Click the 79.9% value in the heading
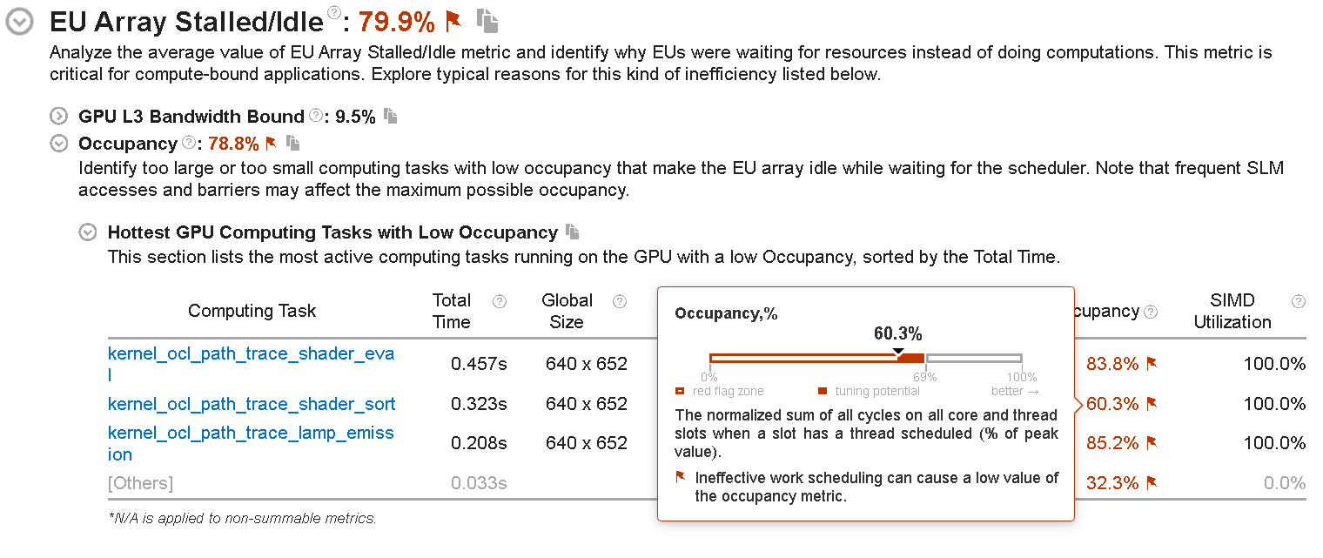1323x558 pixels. pyautogui.click(x=396, y=22)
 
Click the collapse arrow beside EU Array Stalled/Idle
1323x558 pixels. pyautogui.click(x=19, y=23)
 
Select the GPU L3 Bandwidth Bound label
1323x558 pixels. pyautogui.click(x=191, y=117)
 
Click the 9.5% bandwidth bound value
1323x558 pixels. pyautogui.click(x=355, y=117)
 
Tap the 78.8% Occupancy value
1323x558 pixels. pyautogui.click(x=233, y=144)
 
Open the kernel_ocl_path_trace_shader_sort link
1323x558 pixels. pyautogui.click(x=252, y=404)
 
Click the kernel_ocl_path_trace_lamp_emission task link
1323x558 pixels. pyautogui.click(x=251, y=433)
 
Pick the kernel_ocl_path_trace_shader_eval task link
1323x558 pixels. pyautogui.click(x=251, y=353)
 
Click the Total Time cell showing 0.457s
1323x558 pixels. pyautogui.click(x=479, y=364)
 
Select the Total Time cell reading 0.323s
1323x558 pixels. pyautogui.click(x=479, y=404)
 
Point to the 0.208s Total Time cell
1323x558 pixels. pyautogui.click(x=479, y=443)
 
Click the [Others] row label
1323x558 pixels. pyautogui.click(x=140, y=483)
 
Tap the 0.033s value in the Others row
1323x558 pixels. pyautogui.click(x=479, y=483)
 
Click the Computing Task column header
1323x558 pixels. pyautogui.click(x=252, y=311)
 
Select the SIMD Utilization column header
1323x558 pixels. pyautogui.click(x=1232, y=311)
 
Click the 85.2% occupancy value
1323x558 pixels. pyautogui.click(x=1112, y=443)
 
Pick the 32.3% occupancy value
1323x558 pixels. pyautogui.click(x=1112, y=483)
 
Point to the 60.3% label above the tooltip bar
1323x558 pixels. pyautogui.click(x=897, y=334)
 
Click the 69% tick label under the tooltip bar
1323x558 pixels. pyautogui.click(x=924, y=378)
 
